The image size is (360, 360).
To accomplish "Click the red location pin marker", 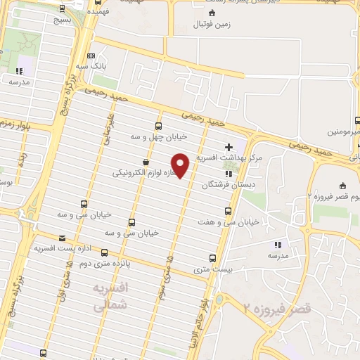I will (x=181, y=165).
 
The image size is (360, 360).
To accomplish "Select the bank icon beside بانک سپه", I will (x=91, y=56).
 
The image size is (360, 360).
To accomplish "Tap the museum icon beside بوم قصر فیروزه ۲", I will (x=342, y=186).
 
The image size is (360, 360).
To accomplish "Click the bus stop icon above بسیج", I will (x=63, y=9).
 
